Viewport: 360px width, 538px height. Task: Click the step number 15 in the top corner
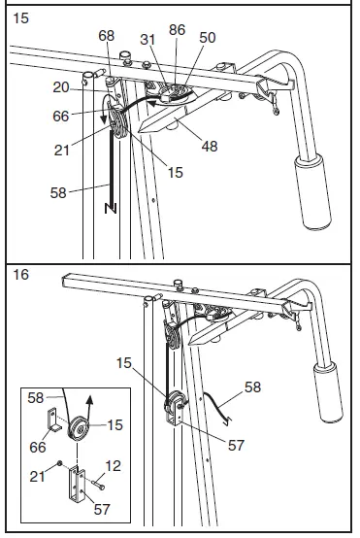[x=19, y=17]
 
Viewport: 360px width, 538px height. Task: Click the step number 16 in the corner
[x=19, y=276]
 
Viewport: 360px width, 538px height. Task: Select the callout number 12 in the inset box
[x=115, y=465]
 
